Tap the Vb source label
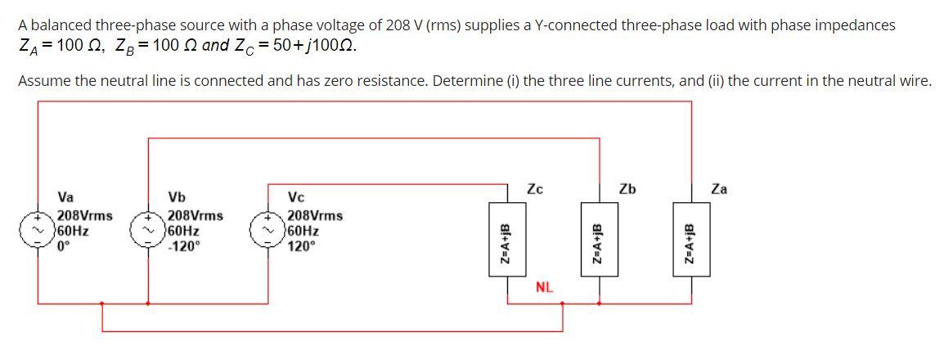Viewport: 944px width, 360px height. tap(176, 197)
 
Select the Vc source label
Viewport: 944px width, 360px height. tap(297, 197)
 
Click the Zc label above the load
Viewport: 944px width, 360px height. tap(536, 189)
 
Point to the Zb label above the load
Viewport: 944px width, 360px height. tap(627, 189)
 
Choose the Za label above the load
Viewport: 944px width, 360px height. tap(720, 189)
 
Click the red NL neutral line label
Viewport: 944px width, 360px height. tap(545, 287)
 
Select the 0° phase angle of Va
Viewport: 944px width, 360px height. tap(65, 245)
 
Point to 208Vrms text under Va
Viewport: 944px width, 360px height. tap(85, 216)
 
